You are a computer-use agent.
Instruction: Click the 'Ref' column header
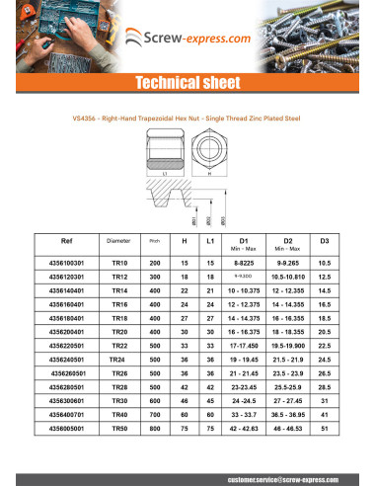[x=66, y=241]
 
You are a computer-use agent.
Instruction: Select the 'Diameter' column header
[x=117, y=241]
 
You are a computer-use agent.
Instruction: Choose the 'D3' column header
[x=325, y=241]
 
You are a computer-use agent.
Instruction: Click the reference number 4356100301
[x=66, y=264]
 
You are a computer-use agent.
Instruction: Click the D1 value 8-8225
[x=241, y=264]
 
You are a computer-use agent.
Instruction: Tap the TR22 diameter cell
[x=117, y=349]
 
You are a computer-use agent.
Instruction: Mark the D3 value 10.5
[x=325, y=264]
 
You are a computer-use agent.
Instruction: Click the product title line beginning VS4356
[x=188, y=116]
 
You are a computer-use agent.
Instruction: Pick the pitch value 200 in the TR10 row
[x=153, y=264]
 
